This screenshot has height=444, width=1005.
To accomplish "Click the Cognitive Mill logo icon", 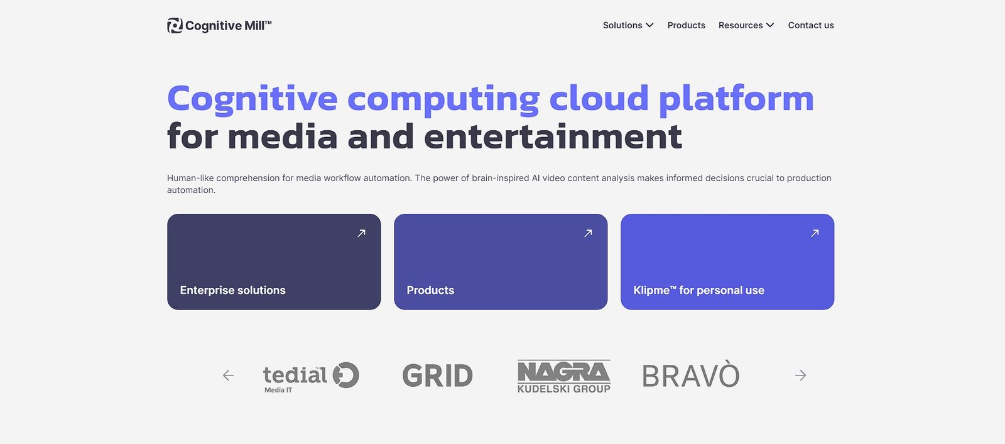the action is (x=175, y=26).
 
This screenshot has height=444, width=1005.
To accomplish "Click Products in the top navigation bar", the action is (x=686, y=25).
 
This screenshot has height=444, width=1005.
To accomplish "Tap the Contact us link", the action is (x=811, y=25).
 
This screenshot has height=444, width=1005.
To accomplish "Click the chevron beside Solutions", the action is (x=649, y=25).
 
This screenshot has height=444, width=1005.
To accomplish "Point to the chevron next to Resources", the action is (x=770, y=25).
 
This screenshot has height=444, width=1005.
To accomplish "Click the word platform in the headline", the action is (x=736, y=99).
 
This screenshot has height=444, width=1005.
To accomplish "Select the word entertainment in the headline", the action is (x=553, y=136).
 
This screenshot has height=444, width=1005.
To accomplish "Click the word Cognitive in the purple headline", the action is (x=252, y=99).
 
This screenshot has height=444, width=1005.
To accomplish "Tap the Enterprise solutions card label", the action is (x=232, y=291).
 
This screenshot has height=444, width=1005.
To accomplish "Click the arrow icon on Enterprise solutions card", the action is (x=361, y=233).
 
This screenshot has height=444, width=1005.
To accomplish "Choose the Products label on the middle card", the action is (x=430, y=291).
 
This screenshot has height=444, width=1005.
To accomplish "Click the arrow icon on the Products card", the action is (x=588, y=233).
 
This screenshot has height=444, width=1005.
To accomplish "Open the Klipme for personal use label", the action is (x=698, y=291).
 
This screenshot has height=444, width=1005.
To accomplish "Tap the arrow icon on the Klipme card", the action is (x=815, y=233).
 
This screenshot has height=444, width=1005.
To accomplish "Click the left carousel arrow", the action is (x=229, y=375).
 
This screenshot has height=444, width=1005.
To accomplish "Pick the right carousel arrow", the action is (x=800, y=375).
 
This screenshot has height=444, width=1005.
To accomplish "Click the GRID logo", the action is (x=437, y=375).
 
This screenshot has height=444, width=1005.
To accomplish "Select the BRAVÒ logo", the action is (x=691, y=374).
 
